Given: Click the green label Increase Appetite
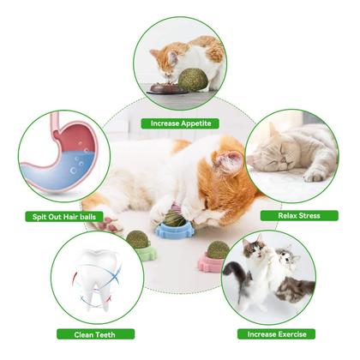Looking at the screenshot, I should pyautogui.click(x=180, y=123).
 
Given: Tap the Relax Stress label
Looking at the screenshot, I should pyautogui.click(x=297, y=215).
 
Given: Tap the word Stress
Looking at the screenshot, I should pyautogui.click(x=308, y=215).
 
